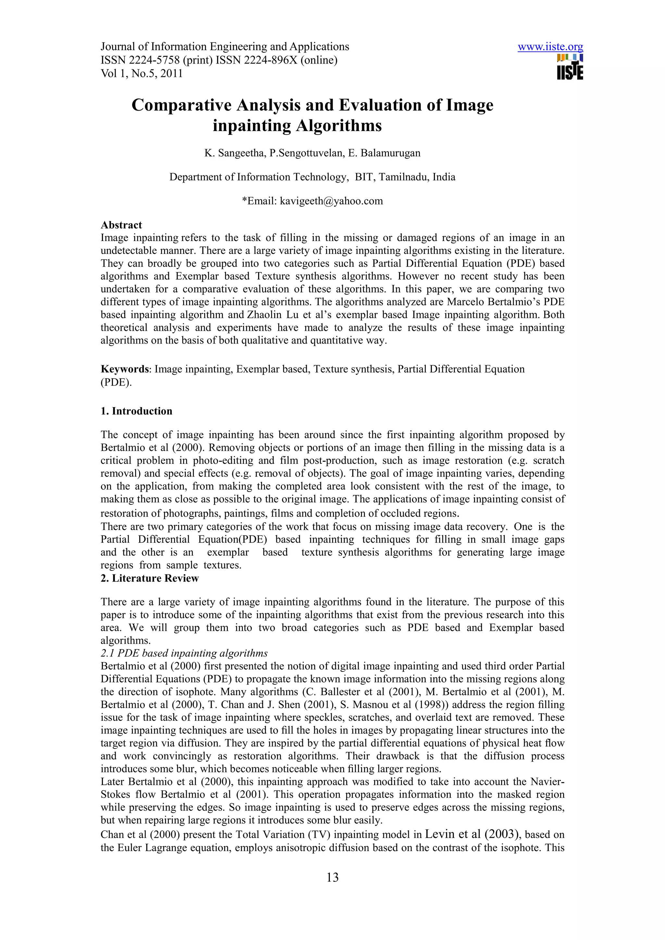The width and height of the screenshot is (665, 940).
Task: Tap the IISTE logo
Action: (570, 67)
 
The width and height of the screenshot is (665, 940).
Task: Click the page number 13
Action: (332, 877)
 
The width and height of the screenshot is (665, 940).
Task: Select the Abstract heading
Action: (121, 225)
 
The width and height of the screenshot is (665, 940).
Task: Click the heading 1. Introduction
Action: (136, 411)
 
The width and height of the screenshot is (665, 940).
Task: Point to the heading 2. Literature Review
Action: (150, 578)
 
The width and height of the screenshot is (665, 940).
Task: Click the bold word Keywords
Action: (125, 369)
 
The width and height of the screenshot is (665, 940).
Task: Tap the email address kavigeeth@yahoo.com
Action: (331, 201)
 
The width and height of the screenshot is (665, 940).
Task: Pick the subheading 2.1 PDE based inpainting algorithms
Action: (184, 653)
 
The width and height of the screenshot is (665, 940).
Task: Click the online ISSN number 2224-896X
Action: (270, 60)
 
